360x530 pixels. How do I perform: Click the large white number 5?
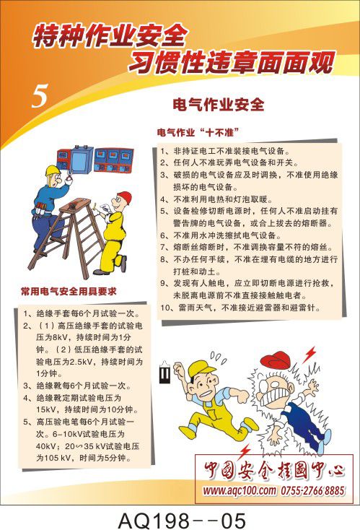pyautogui.click(x=40, y=96)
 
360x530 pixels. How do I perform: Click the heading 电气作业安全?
pyautogui.click(x=218, y=105)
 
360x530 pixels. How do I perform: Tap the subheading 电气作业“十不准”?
pyautogui.click(x=198, y=132)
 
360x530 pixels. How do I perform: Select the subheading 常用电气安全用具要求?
pyautogui.click(x=69, y=292)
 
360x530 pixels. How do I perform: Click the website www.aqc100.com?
pyautogui.click(x=239, y=490)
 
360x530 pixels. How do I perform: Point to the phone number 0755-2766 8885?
pyautogui.click(x=312, y=490)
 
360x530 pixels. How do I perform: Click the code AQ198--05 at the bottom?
pyautogui.click(x=182, y=521)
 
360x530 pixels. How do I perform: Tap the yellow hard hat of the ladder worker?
pyautogui.click(x=53, y=170)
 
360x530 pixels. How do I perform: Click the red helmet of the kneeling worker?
pyautogui.click(x=124, y=196)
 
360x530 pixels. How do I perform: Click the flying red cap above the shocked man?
pyautogui.click(x=276, y=360)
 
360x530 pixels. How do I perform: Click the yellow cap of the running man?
pyautogui.click(x=201, y=368)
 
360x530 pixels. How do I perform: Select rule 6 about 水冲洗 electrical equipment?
pyautogui.click(x=221, y=235)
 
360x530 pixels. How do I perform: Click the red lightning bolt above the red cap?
pyautogui.click(x=309, y=354)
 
